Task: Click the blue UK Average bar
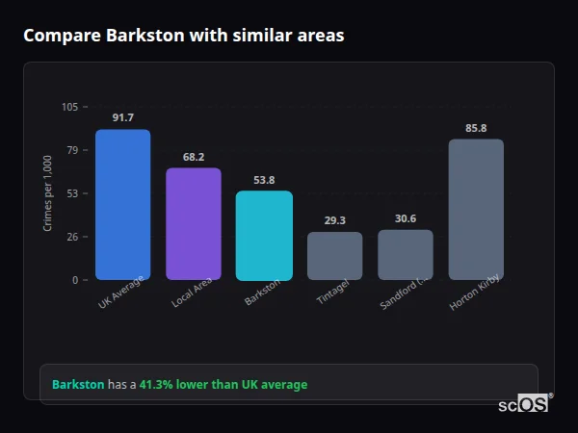point(122,204)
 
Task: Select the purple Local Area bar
point(193,223)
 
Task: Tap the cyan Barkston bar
point(264,235)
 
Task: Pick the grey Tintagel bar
point(334,255)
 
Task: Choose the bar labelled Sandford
point(405,254)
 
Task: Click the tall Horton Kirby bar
point(476,209)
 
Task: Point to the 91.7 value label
point(122,117)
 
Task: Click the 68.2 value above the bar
point(193,156)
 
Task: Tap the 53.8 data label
point(264,180)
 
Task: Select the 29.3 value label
point(334,220)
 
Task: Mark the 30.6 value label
point(405,218)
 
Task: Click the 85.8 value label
point(476,127)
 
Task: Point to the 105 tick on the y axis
point(69,107)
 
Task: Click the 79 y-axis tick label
point(72,150)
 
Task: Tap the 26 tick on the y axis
point(72,237)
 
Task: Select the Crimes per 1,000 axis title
point(48,192)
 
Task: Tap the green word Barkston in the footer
point(78,385)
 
